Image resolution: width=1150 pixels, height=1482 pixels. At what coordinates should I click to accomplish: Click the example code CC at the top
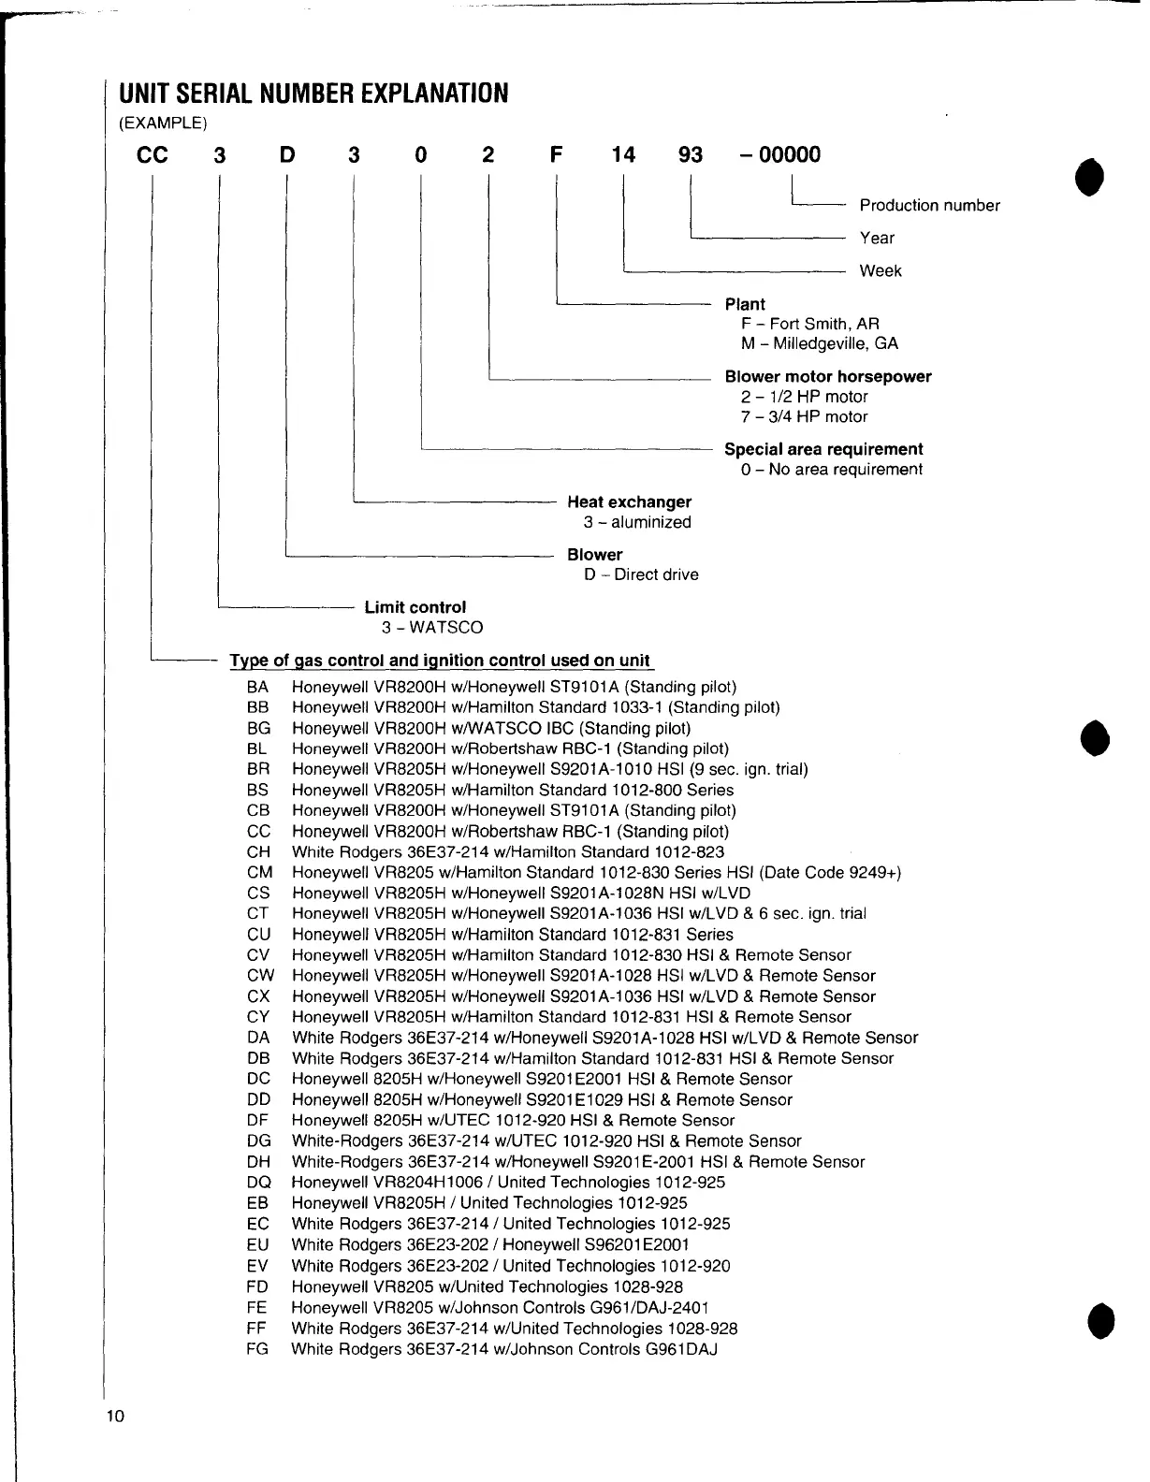pyautogui.click(x=153, y=154)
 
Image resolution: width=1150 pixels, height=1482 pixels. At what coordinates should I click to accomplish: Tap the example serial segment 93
pyautogui.click(x=690, y=154)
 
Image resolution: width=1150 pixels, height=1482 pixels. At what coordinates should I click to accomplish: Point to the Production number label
pyautogui.click(x=929, y=206)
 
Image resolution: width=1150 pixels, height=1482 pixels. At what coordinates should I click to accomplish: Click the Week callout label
pyautogui.click(x=881, y=271)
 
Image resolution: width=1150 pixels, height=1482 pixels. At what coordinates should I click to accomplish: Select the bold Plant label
pyautogui.click(x=745, y=304)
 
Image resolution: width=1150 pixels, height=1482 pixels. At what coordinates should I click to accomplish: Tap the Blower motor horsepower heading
pyautogui.click(x=828, y=377)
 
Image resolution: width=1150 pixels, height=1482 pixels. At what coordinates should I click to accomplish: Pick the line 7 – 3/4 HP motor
pyautogui.click(x=804, y=417)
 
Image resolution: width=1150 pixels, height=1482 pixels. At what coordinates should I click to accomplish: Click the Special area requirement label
pyautogui.click(x=823, y=449)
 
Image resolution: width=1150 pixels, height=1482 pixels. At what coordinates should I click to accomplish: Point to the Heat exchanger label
pyautogui.click(x=629, y=502)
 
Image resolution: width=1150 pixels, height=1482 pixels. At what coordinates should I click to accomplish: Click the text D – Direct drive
pyautogui.click(x=641, y=574)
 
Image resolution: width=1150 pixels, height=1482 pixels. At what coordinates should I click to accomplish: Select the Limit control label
pyautogui.click(x=415, y=607)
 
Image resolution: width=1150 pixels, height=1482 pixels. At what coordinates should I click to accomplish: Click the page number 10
pyautogui.click(x=114, y=1416)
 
